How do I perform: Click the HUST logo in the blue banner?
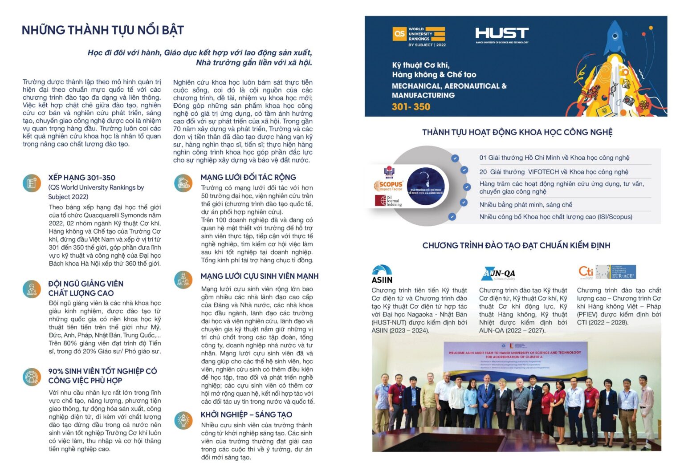502,34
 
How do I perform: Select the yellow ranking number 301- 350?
411,107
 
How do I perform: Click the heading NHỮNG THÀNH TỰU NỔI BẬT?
103,30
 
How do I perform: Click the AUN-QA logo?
499,273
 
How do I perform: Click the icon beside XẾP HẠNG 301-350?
32,183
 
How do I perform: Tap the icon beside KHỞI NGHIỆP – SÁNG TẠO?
183,420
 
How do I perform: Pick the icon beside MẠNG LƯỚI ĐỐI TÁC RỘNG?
183,183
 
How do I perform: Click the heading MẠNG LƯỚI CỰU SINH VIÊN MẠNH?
259,276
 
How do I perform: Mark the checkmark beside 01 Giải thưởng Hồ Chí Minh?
455,158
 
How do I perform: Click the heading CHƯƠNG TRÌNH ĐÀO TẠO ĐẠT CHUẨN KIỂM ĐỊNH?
516,246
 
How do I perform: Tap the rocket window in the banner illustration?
615,36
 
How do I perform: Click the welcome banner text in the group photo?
514,355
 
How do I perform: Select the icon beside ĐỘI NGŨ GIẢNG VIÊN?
32,289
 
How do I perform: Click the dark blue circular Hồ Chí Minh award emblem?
425,186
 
